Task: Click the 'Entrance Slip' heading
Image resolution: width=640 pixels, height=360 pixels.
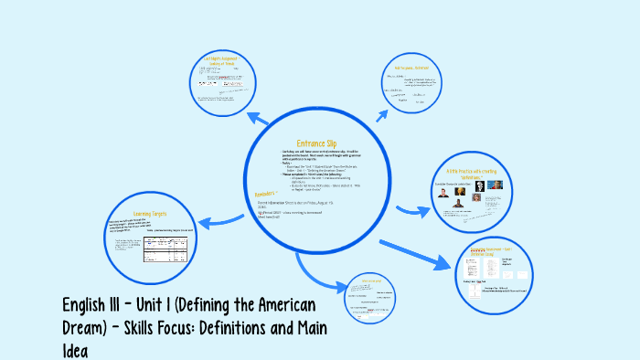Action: (x=316, y=143)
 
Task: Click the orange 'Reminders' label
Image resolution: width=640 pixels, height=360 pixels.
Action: (x=265, y=194)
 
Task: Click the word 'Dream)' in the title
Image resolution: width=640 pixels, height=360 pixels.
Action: (x=92, y=327)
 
